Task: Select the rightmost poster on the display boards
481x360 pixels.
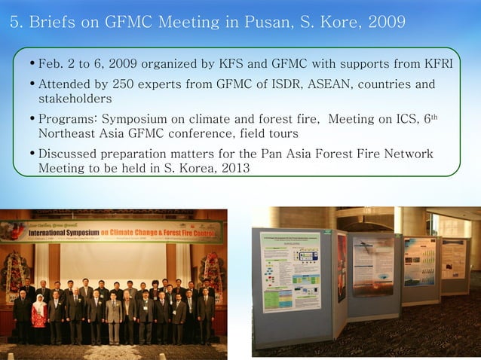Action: coord(455,260)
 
